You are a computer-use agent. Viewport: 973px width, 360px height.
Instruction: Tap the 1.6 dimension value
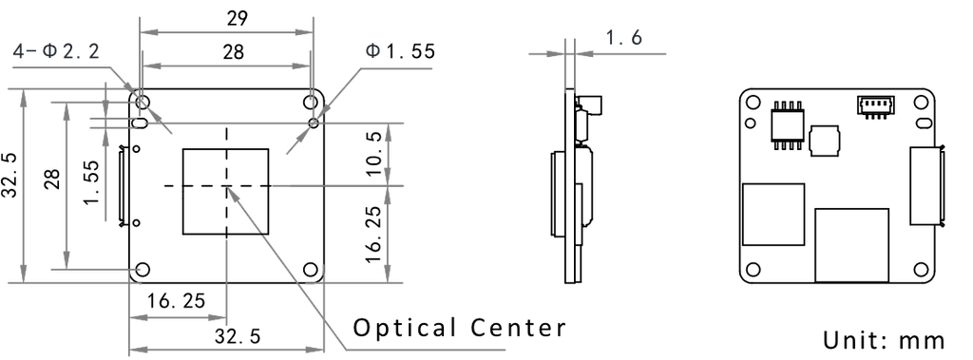tap(624, 38)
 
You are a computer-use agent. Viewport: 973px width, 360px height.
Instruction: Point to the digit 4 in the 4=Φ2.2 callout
tap(18, 51)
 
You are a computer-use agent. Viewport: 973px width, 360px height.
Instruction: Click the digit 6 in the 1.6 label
tap(637, 38)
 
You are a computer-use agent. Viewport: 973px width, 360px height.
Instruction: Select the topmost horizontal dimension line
tap(226, 32)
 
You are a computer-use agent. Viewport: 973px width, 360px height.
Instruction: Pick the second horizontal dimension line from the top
tap(226, 65)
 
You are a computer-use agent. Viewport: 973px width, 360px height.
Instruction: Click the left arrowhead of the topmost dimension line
tap(146, 32)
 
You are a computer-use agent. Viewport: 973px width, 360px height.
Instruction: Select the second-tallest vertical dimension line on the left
tap(65, 185)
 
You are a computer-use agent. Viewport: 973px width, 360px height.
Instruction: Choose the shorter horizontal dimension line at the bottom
tap(178, 317)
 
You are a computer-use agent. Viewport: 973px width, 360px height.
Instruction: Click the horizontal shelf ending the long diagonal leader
tap(428, 351)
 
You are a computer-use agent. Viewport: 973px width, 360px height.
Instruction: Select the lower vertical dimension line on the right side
tap(388, 233)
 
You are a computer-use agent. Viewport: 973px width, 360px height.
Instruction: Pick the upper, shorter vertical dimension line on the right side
tap(388, 153)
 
